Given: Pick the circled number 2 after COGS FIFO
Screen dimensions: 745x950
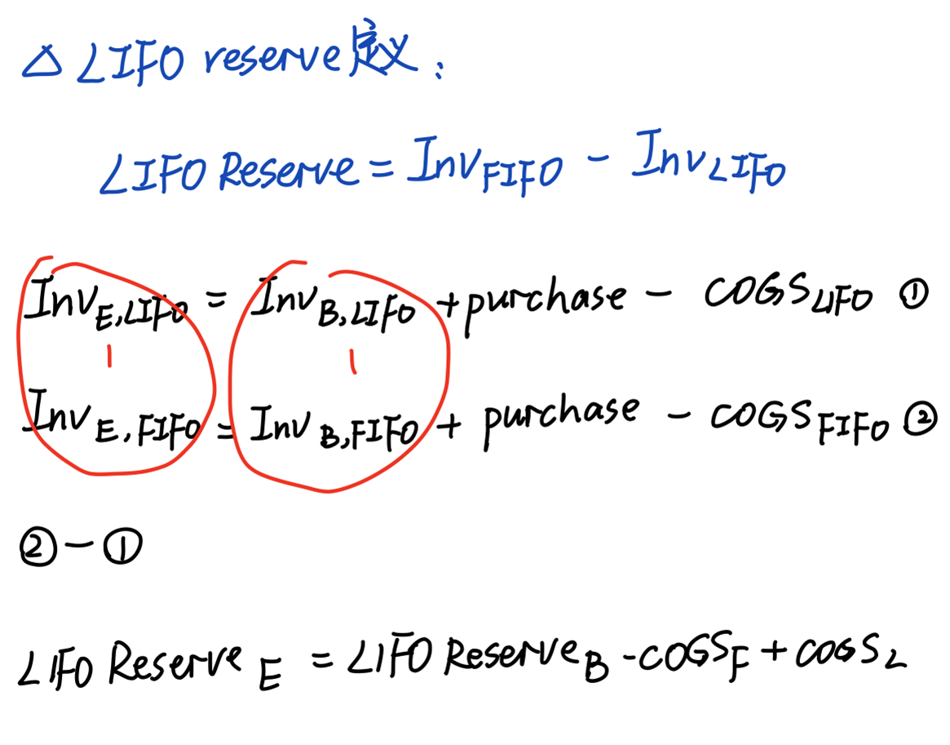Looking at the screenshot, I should coord(917,421).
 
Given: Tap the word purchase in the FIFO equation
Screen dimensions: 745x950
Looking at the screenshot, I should coord(561,416).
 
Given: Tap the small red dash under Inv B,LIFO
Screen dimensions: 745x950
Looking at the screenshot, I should coord(352,361).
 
